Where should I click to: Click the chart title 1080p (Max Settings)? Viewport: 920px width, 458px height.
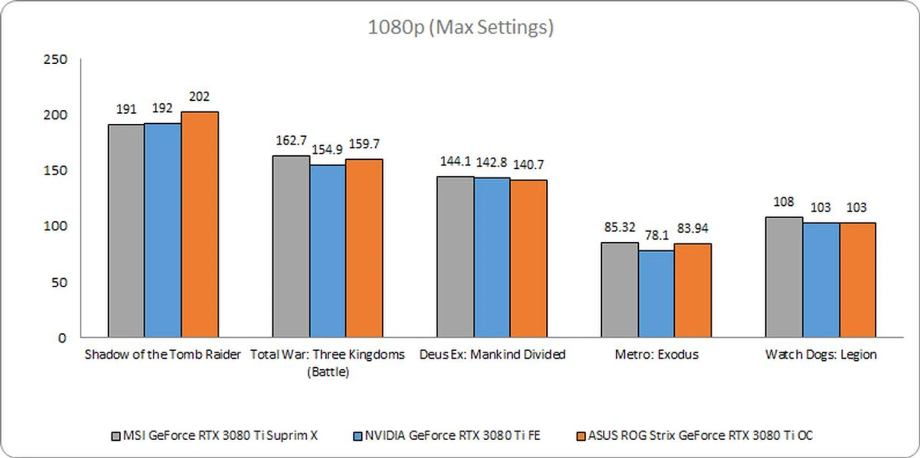click(460, 27)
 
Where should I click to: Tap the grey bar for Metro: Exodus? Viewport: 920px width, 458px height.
click(620, 290)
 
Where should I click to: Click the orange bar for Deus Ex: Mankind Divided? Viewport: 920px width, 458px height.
click(528, 258)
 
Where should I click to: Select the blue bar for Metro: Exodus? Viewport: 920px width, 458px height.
click(656, 294)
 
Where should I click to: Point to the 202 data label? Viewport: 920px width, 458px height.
click(199, 97)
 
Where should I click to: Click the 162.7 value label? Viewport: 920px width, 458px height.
click(291, 141)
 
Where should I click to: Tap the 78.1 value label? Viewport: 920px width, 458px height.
click(656, 235)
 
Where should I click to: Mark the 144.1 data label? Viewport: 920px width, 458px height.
click(455, 161)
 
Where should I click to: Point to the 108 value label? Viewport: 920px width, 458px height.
click(783, 202)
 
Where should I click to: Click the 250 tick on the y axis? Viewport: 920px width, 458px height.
click(56, 59)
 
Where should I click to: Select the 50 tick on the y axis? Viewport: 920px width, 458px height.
click(59, 282)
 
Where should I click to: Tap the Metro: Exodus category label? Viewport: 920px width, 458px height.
click(656, 354)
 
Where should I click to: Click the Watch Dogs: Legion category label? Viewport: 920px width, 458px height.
click(821, 354)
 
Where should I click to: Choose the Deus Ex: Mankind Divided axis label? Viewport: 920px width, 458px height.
click(492, 354)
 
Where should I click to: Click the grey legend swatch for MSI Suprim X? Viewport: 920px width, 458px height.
click(115, 436)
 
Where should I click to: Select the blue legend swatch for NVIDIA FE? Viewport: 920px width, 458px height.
click(357, 436)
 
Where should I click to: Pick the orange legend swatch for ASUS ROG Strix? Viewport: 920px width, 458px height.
click(581, 436)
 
